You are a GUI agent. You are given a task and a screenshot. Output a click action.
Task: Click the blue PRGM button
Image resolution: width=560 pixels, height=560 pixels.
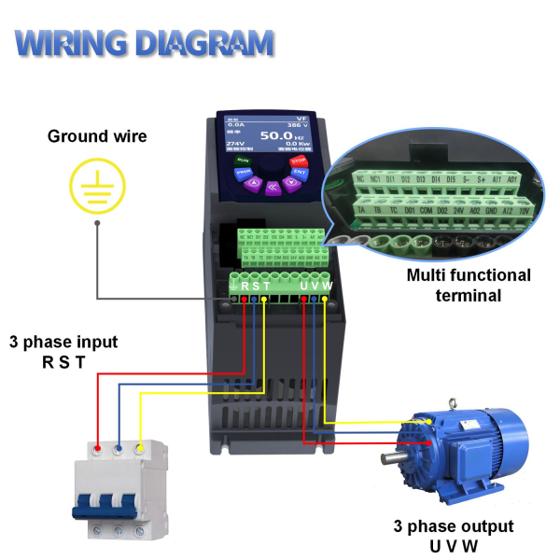point(243,174)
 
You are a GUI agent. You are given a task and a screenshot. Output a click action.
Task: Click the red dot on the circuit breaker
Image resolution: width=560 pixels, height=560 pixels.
point(97,448)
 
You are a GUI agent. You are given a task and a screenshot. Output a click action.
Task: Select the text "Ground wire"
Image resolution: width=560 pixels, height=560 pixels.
point(97,137)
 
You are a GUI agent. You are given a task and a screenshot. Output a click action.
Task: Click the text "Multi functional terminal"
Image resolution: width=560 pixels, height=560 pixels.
point(469,286)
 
